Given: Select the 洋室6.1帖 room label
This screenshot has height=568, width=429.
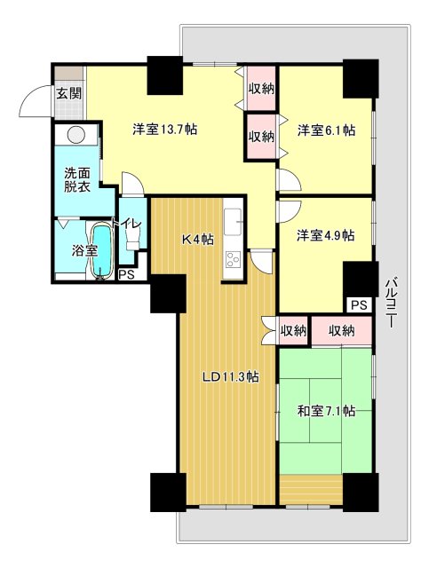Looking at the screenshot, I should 326,130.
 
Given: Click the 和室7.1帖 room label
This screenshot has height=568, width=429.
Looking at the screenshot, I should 326,410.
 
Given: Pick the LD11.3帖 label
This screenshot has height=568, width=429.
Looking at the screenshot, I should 229,376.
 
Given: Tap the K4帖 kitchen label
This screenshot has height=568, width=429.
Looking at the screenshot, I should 197,238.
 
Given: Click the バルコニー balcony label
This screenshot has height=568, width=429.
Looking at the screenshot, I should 391,302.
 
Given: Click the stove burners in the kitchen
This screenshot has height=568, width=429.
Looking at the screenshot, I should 234,259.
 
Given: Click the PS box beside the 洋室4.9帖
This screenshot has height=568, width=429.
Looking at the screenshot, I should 357,304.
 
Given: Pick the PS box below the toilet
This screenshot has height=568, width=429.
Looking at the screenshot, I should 126,274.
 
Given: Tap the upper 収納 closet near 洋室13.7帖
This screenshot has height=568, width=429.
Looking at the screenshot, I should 261,88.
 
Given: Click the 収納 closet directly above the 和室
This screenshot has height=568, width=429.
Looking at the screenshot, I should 341,331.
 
